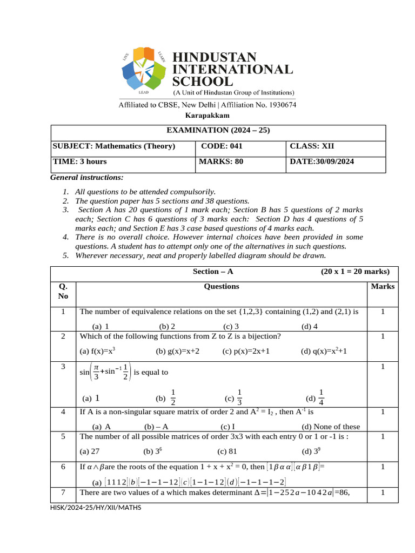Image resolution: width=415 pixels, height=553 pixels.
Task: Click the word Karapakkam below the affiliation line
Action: [207, 116]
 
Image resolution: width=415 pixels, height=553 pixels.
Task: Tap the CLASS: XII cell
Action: [311, 146]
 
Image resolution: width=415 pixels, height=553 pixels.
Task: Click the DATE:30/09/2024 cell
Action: [322, 161]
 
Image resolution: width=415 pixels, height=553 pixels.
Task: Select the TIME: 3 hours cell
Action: [80, 161]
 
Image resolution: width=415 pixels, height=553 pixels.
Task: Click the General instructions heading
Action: [87, 177]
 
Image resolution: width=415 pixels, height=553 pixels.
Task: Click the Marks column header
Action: [383, 287]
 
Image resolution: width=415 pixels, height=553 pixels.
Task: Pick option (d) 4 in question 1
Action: [310, 326]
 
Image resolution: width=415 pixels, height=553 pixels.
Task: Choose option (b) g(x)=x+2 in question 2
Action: [178, 352]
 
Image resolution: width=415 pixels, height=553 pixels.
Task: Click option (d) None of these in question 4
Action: [331, 426]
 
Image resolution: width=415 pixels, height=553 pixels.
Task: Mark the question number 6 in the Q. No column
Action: [63, 467]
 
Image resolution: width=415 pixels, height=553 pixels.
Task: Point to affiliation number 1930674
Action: [277, 105]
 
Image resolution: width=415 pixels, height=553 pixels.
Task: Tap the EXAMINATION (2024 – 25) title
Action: [218, 130]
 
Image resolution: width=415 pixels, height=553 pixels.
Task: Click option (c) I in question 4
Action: [228, 426]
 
